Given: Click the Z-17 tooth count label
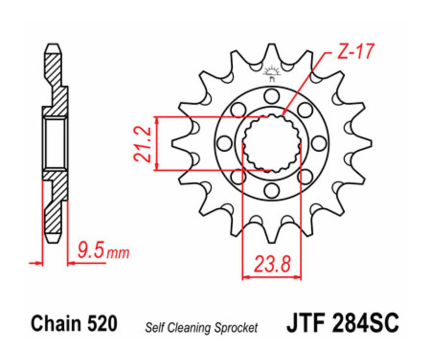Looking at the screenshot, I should [x=355, y=52].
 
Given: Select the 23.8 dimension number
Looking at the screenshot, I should [x=272, y=264].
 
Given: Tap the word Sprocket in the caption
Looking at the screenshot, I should [x=238, y=328].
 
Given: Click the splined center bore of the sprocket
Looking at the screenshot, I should [x=272, y=142].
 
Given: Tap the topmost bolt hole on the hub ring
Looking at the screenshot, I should [x=272, y=94].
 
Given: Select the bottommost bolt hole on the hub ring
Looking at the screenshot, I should [x=272, y=191].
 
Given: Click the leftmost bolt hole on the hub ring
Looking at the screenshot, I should [x=223, y=143].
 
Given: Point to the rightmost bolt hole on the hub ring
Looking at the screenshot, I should [x=319, y=143].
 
